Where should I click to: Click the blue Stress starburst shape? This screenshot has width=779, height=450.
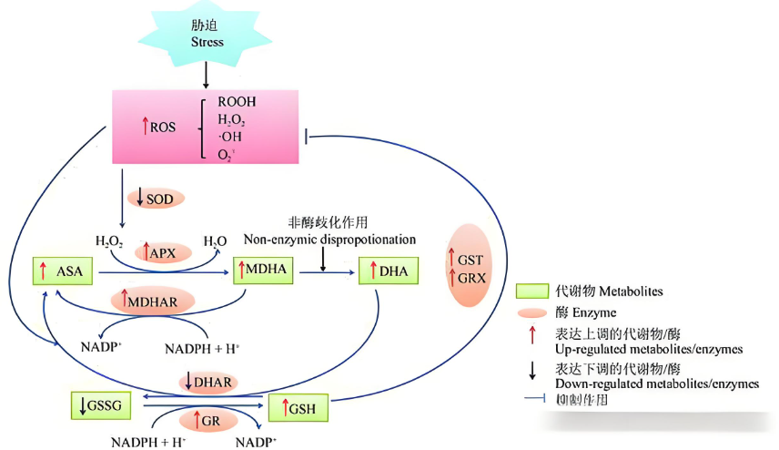(x=207, y=36)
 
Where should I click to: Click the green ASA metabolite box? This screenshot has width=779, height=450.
(x=65, y=271)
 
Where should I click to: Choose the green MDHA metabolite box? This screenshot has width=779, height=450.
(x=265, y=271)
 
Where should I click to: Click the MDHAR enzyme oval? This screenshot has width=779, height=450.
(x=155, y=299)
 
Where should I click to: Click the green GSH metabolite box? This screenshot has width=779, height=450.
(x=298, y=408)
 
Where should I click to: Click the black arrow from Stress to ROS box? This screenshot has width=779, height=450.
(x=207, y=76)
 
